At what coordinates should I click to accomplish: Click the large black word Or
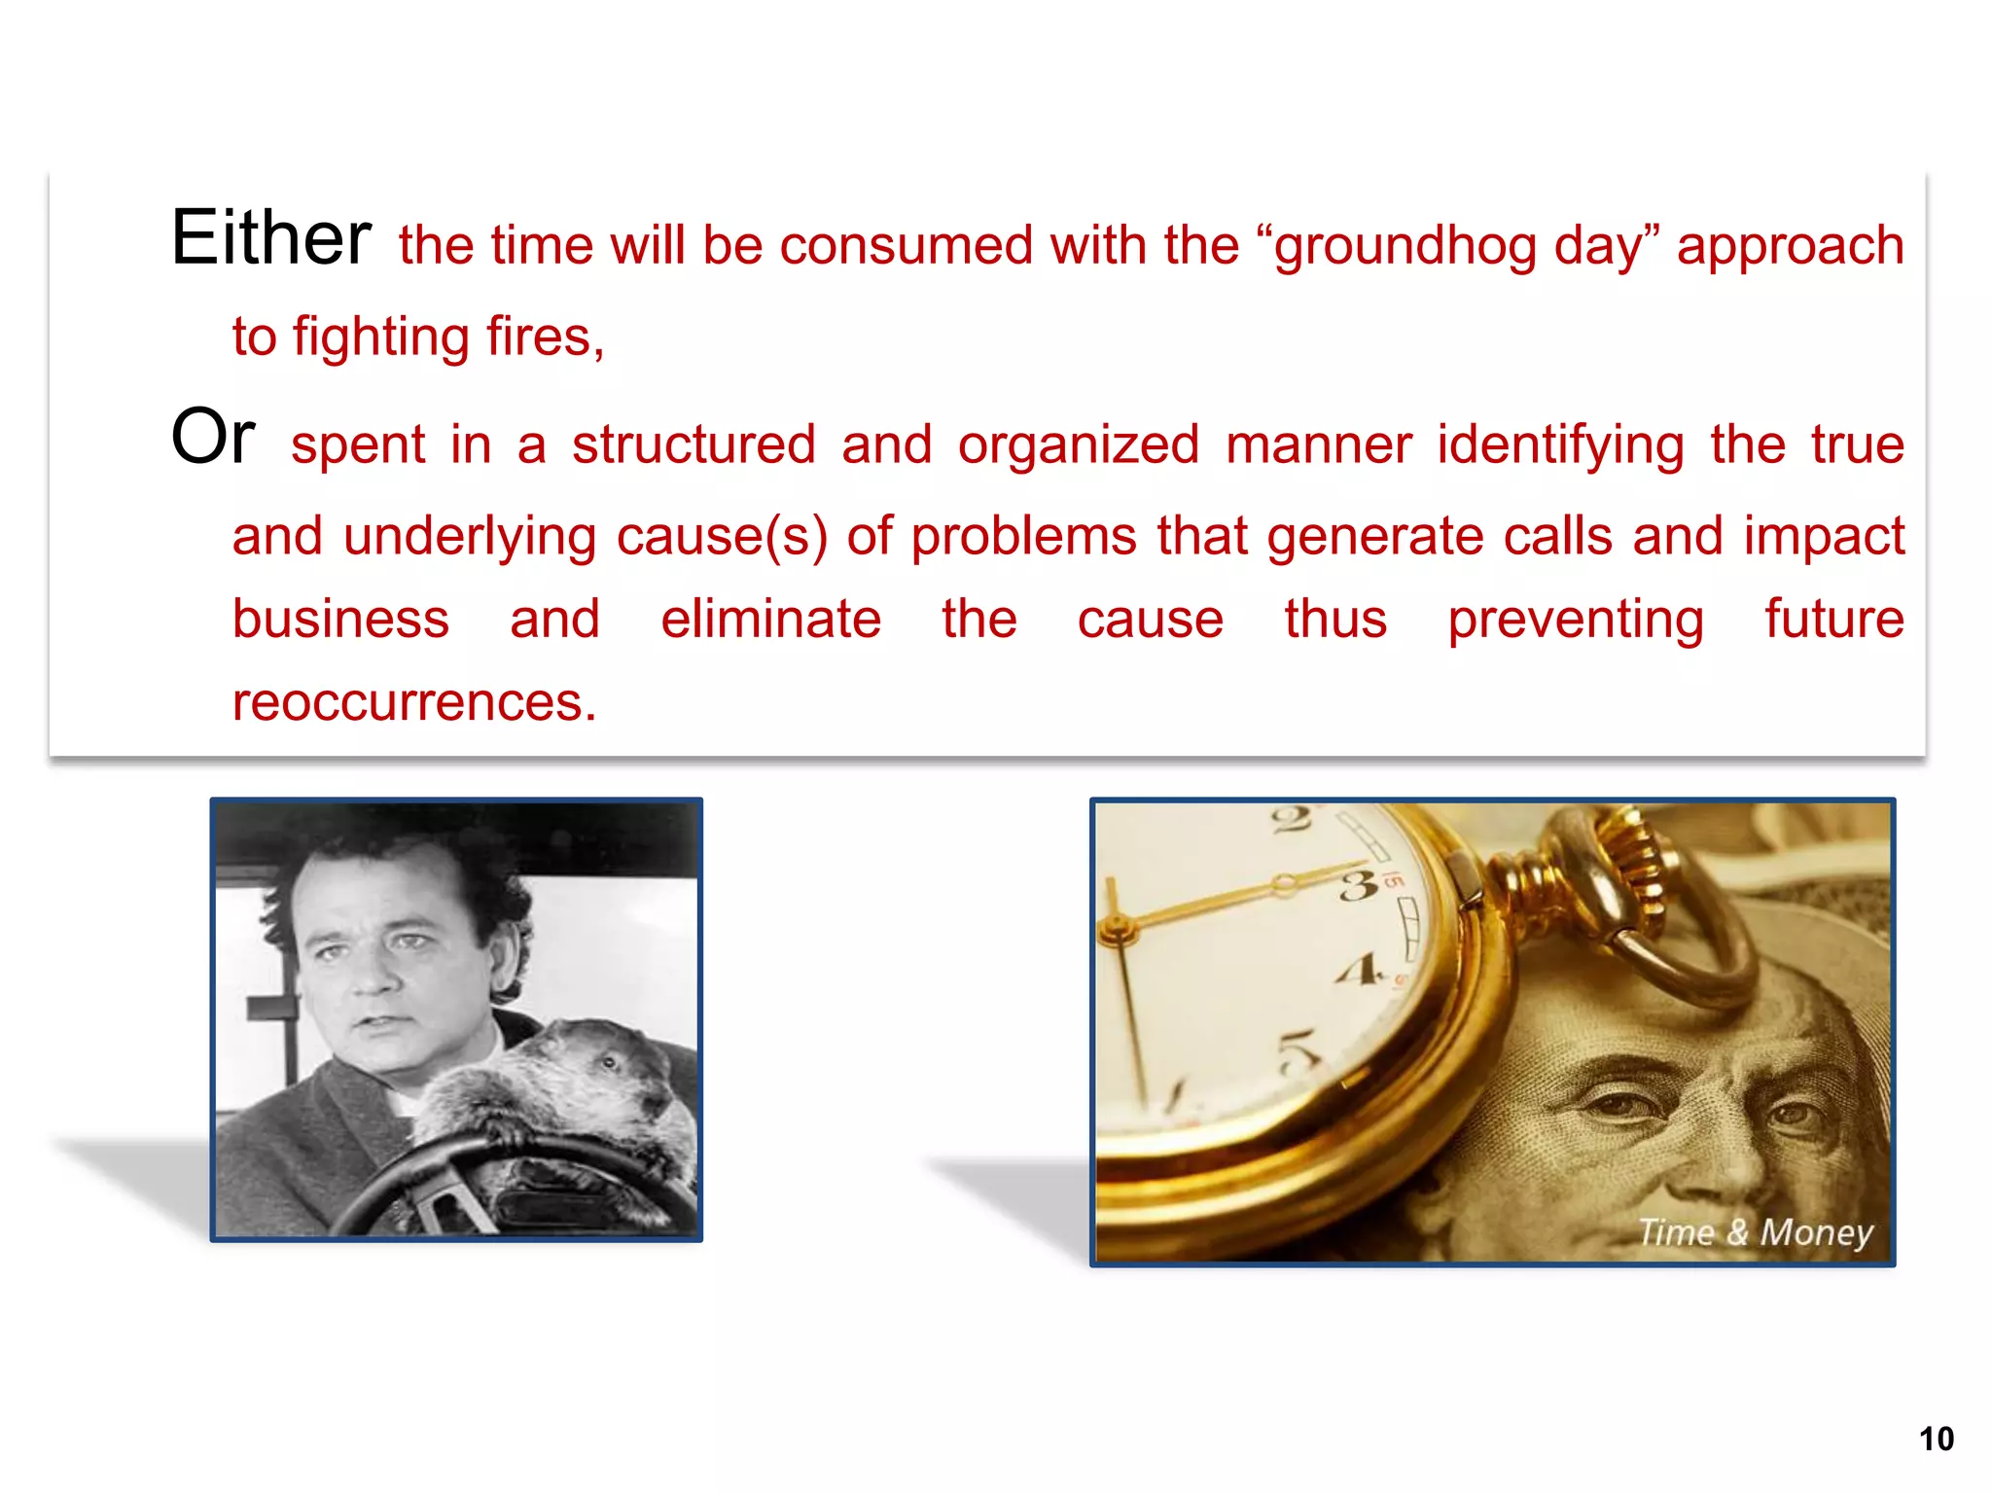(213, 437)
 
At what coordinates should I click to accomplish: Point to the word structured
(694, 445)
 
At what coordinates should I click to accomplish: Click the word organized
(1079, 445)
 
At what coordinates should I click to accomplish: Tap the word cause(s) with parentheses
(722, 538)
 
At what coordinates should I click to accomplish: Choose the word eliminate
(770, 620)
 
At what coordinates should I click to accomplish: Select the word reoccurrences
(414, 702)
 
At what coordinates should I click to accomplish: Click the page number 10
(1936, 1439)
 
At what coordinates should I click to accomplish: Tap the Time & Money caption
(1755, 1232)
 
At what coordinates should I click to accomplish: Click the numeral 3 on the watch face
(1359, 885)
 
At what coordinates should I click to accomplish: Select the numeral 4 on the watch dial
(1358, 969)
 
